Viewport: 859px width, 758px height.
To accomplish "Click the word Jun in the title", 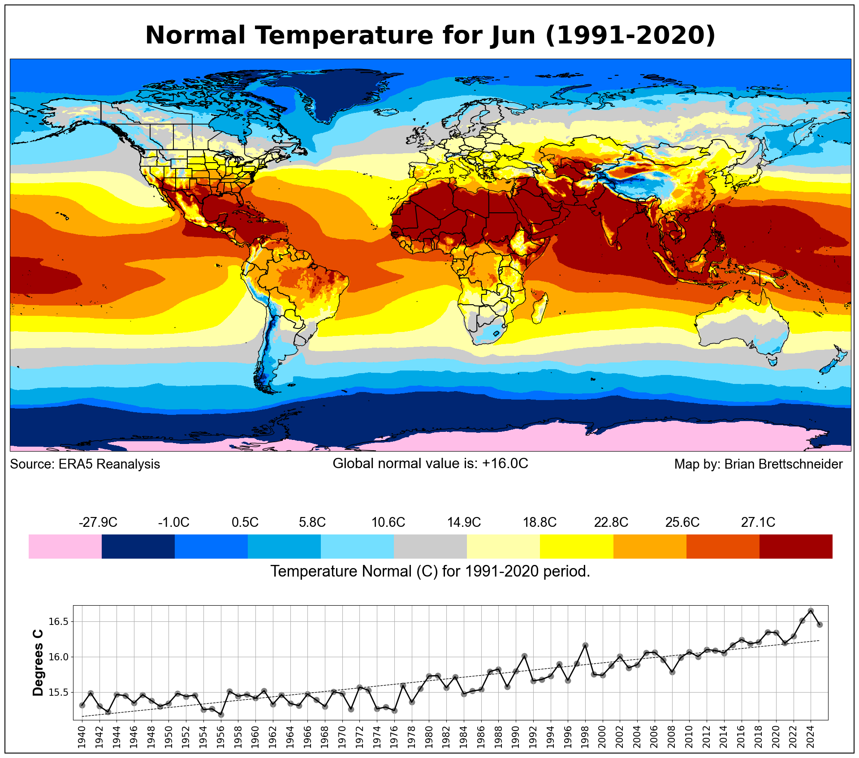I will click(x=512, y=35).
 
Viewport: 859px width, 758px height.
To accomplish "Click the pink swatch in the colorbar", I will click(x=65, y=546).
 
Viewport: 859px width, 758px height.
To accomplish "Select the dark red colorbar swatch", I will click(x=796, y=546).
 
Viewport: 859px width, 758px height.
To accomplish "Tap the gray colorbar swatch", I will click(x=430, y=546).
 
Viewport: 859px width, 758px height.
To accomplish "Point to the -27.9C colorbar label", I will click(x=98, y=522).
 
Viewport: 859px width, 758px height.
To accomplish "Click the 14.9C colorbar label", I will click(x=464, y=522).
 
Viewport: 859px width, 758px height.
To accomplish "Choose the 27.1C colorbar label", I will click(x=758, y=522).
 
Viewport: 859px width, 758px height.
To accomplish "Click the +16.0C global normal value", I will click(x=505, y=463).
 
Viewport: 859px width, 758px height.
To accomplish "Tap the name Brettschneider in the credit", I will click(x=783, y=464).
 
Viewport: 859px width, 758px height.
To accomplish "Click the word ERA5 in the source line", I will click(x=76, y=464).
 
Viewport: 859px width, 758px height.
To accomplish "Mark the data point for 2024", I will click(x=811, y=611).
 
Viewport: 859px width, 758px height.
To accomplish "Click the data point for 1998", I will click(x=585, y=645).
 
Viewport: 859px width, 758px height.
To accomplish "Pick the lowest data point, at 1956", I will click(x=221, y=715).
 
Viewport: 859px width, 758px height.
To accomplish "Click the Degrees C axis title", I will click(x=39, y=663).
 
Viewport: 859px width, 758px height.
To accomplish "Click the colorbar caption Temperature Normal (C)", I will click(x=354, y=572).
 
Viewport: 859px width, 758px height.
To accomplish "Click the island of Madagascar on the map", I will click(x=539, y=308).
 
